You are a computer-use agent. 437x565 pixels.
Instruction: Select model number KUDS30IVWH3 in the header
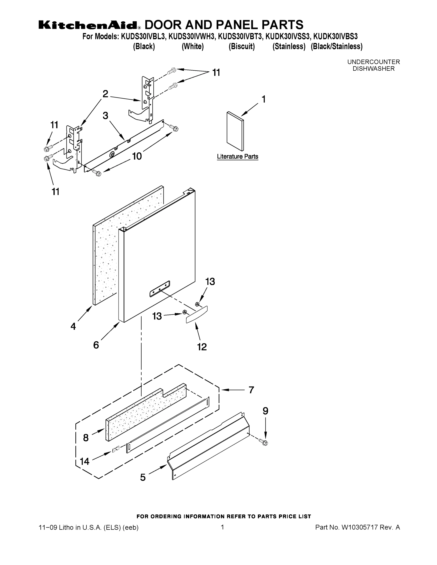click(x=192, y=36)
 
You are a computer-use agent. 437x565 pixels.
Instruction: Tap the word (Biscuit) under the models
click(x=241, y=47)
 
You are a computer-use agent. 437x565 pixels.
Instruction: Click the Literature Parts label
click(x=237, y=157)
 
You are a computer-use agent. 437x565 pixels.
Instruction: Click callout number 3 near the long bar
click(x=105, y=116)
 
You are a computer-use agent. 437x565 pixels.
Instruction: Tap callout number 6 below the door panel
click(x=96, y=345)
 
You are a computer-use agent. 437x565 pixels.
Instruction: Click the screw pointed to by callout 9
click(x=265, y=443)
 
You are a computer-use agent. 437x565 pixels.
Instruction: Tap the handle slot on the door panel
click(x=160, y=288)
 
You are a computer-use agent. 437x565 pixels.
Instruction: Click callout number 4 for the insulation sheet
click(x=73, y=326)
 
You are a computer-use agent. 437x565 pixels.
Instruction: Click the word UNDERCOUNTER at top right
click(x=373, y=62)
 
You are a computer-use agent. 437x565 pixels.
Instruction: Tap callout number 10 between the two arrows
click(x=137, y=156)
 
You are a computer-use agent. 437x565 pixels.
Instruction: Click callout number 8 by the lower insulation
click(x=86, y=438)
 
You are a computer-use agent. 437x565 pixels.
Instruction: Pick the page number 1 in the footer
click(x=222, y=527)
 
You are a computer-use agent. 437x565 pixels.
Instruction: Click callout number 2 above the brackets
click(x=105, y=94)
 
